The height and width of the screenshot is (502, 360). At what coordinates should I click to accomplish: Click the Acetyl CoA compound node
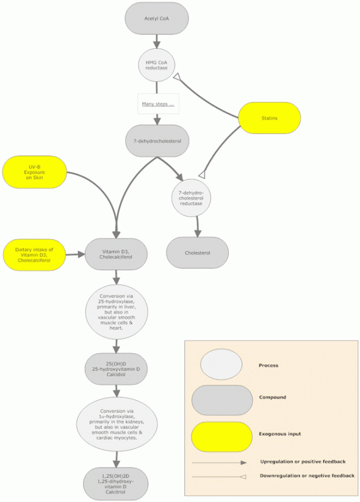click(156, 18)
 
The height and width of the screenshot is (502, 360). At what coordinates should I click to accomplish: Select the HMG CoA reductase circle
click(157, 65)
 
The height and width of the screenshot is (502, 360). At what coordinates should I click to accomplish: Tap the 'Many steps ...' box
click(158, 104)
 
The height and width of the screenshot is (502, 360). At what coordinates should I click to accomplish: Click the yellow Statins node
click(269, 118)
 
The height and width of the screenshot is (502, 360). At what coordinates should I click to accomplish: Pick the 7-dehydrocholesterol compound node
click(157, 141)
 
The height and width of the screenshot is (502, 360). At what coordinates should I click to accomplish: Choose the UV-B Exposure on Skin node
click(35, 172)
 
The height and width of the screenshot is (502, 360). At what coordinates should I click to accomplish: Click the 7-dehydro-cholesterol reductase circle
click(191, 198)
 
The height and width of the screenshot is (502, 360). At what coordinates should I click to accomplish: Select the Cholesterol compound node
click(197, 253)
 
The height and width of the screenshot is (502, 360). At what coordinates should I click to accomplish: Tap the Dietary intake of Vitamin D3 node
click(34, 255)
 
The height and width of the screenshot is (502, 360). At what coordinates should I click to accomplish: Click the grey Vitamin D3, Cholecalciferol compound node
click(116, 254)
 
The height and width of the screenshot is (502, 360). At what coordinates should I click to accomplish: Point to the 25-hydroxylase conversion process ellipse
click(117, 312)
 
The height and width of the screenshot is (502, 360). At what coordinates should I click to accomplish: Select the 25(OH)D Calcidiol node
click(117, 369)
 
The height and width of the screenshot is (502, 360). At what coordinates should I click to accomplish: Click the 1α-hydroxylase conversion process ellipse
click(117, 424)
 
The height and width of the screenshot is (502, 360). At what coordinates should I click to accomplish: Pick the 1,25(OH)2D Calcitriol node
click(116, 484)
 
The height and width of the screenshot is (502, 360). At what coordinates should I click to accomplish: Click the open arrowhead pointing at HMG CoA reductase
click(178, 76)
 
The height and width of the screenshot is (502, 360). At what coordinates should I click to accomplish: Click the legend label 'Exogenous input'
click(280, 434)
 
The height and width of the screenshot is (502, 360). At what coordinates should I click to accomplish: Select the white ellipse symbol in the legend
click(221, 364)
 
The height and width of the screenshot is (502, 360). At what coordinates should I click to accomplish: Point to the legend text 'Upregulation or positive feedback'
click(303, 462)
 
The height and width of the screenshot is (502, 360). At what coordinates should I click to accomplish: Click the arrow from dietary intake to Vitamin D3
click(75, 254)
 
